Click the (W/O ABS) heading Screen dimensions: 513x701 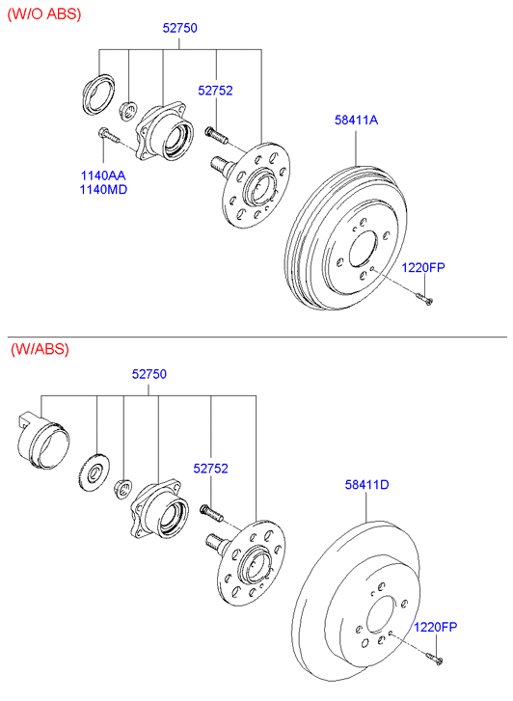(x=44, y=14)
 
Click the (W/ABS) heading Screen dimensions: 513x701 (x=40, y=349)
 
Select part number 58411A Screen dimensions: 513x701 (x=356, y=120)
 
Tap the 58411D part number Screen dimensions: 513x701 (x=366, y=484)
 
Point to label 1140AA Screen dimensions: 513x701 (x=103, y=175)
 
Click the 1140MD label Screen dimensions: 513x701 (x=103, y=190)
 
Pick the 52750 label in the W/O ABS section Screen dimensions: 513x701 (x=179, y=28)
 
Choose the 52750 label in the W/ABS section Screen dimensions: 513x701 (x=148, y=374)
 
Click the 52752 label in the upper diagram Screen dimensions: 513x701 (x=215, y=91)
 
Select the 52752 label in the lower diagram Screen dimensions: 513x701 (x=210, y=468)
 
